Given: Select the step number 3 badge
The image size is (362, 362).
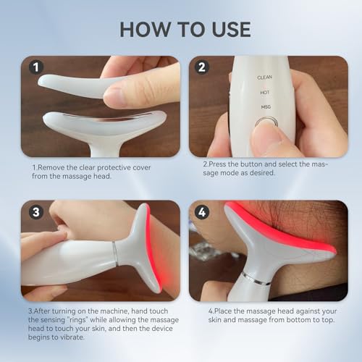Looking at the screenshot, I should tap(35, 214).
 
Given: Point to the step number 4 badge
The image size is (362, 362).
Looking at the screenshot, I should tap(202, 214).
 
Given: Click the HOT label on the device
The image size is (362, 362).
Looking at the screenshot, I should tap(265, 92).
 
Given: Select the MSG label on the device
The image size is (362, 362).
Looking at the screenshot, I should tap(265, 107).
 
